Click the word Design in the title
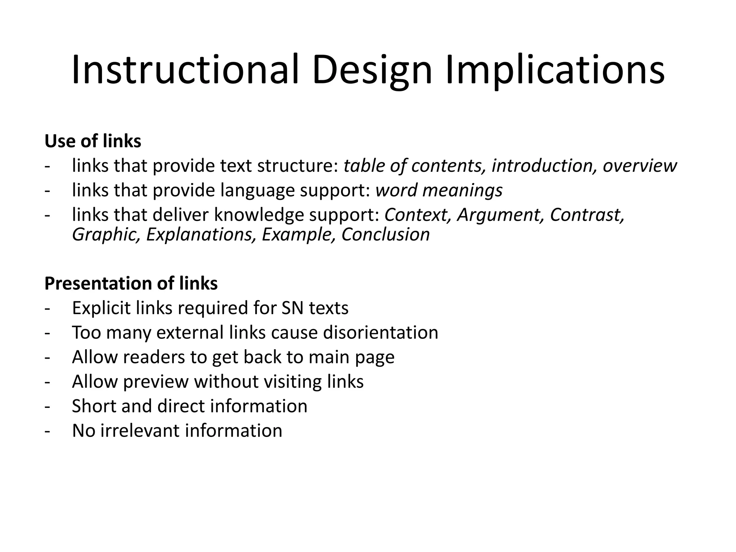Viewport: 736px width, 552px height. pyautogui.click(x=372, y=70)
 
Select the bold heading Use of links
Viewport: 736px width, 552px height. pyautogui.click(x=93, y=141)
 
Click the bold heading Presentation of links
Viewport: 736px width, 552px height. pyautogui.click(x=131, y=283)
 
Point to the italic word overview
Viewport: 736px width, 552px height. pyautogui.click(x=639, y=166)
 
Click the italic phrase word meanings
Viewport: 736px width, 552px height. pyautogui.click(x=439, y=190)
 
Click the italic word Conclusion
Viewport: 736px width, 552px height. pyautogui.click(x=385, y=235)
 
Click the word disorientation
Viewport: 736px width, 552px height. pyautogui.click(x=381, y=332)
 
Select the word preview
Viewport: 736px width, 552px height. pyautogui.click(x=156, y=382)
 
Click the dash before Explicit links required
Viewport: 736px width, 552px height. pyautogui.click(x=47, y=309)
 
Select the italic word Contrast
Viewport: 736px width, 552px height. pyautogui.click(x=587, y=215)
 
